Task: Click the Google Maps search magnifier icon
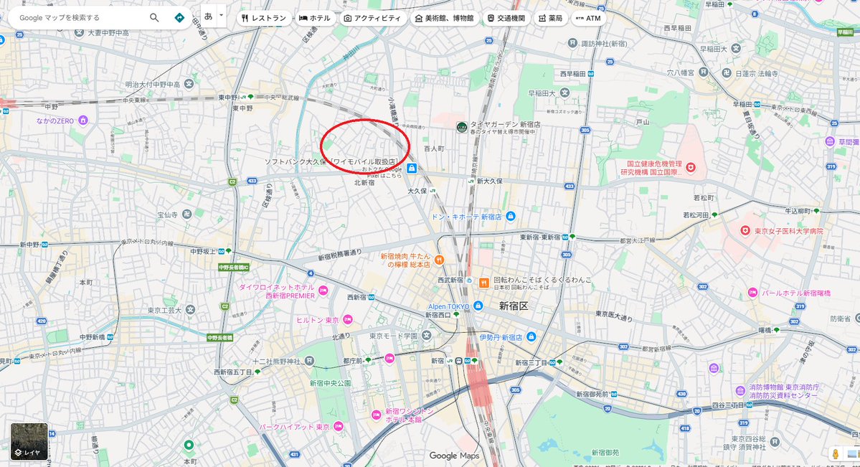(154, 17)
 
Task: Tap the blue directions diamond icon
(179, 17)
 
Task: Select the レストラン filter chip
(265, 18)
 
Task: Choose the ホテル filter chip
(315, 18)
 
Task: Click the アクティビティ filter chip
(372, 18)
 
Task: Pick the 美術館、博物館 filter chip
(444, 18)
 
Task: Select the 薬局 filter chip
(551, 18)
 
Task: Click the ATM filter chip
(588, 18)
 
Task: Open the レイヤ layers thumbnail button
(29, 441)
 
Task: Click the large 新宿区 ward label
(513, 306)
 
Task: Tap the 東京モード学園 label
(393, 336)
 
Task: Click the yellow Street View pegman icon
(836, 453)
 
